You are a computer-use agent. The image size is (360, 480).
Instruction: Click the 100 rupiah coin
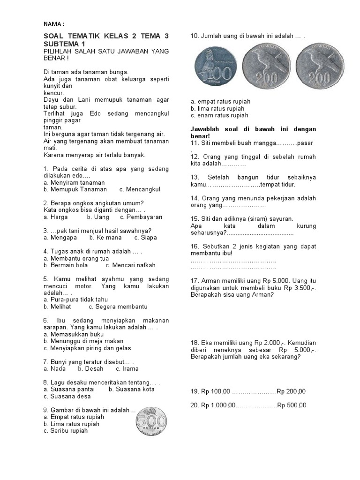click(214, 67)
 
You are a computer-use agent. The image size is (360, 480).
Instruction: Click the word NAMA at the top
click(52, 24)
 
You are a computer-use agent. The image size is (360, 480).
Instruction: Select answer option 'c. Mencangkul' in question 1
click(140, 189)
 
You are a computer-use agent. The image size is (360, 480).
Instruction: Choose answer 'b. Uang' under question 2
click(98, 217)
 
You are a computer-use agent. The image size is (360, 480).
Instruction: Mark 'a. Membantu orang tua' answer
click(76, 258)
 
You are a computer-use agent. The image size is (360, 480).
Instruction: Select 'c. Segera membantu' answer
click(118, 307)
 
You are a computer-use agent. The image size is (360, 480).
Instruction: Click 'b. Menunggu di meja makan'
click(83, 341)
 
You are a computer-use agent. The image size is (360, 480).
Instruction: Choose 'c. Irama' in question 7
click(127, 368)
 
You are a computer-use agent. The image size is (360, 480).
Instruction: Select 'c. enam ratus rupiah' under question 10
click(219, 115)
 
